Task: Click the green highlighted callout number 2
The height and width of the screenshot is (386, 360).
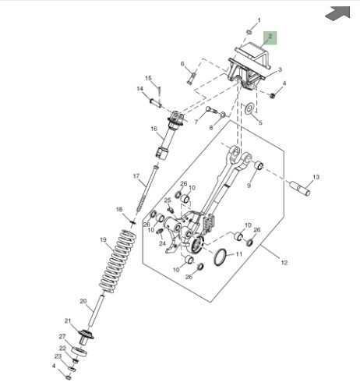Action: tap(270, 37)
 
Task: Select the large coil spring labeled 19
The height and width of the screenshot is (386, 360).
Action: tap(118, 260)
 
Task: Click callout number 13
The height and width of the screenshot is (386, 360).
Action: tap(316, 177)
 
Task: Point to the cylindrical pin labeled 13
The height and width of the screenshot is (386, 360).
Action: tap(300, 188)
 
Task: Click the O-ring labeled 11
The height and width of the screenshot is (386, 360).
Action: tap(221, 257)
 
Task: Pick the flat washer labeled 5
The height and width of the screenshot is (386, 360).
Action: tap(249, 108)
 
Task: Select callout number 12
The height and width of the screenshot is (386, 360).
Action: tap(284, 263)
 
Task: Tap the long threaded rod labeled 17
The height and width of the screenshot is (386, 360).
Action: tap(146, 189)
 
